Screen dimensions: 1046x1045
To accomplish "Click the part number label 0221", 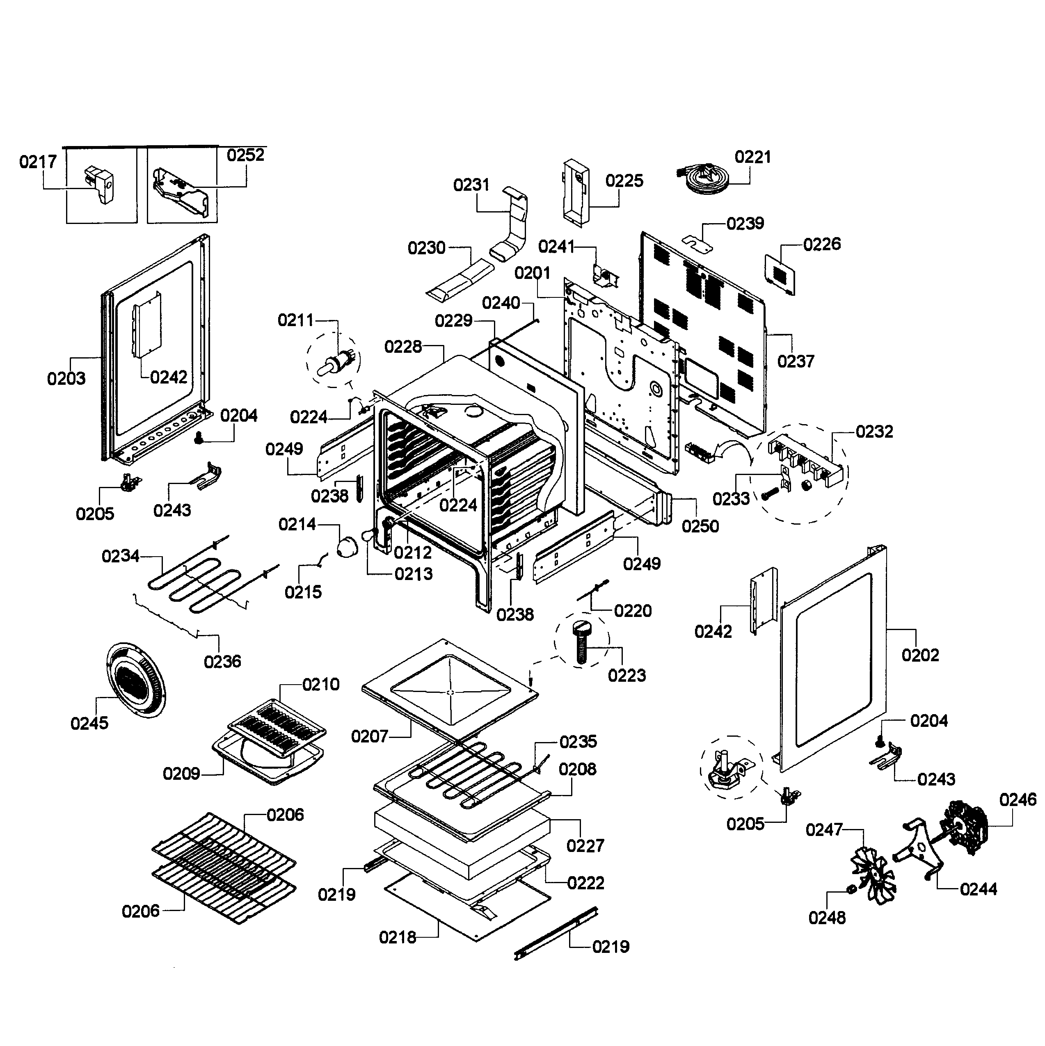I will [x=752, y=157].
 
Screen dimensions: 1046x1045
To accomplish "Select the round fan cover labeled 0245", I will [x=134, y=680].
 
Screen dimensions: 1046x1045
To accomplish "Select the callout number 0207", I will [x=369, y=736].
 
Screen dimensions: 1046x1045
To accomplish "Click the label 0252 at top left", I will [x=245, y=155].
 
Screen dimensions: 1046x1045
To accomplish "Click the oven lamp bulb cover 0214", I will [x=347, y=547].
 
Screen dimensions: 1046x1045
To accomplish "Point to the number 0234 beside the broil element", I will [x=120, y=556].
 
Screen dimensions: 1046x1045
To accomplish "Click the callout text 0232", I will [x=874, y=432].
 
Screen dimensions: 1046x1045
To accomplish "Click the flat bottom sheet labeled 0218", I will [x=466, y=915].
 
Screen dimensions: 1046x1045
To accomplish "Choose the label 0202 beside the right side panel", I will [x=920, y=655].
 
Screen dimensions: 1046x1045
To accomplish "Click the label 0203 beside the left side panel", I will [x=66, y=379].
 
